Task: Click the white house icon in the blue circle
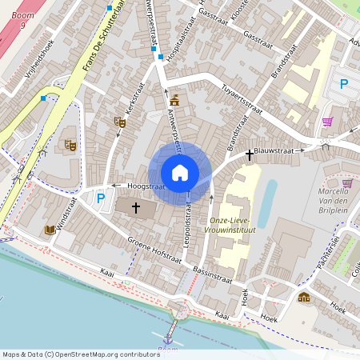pos(180,173)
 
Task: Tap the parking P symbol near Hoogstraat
pos(101,198)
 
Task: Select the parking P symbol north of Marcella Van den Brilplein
pos(344,84)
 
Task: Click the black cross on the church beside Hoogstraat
pos(136,208)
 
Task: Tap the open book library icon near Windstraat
pos(50,230)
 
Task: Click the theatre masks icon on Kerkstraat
pos(120,122)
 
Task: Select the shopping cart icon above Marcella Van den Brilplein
pos(327,122)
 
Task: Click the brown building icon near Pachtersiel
pos(303,298)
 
